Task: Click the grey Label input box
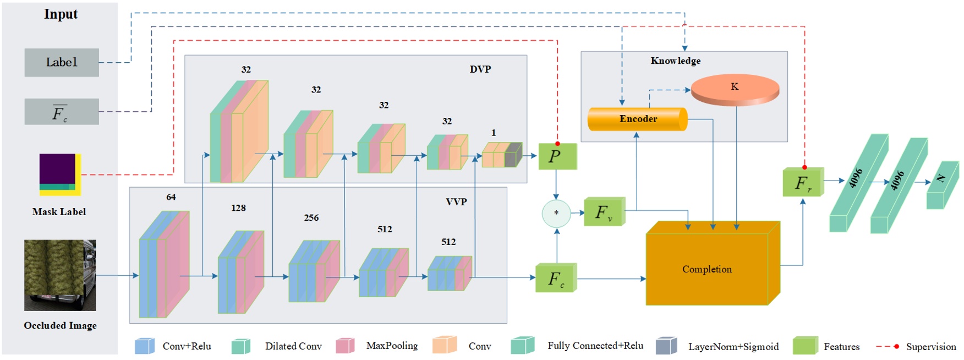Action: click(x=62, y=62)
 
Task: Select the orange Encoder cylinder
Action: click(x=637, y=119)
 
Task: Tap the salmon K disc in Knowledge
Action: click(x=735, y=88)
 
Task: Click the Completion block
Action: click(x=707, y=269)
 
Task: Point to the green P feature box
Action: click(x=557, y=156)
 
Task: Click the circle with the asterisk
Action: click(x=556, y=214)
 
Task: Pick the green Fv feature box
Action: click(x=604, y=212)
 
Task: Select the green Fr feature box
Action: click(x=803, y=183)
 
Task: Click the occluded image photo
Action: click(x=60, y=275)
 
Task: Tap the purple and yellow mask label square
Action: click(x=59, y=174)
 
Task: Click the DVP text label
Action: click(x=480, y=69)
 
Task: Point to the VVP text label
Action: click(x=456, y=202)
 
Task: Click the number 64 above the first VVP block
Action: click(x=171, y=197)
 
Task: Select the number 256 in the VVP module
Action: click(x=311, y=218)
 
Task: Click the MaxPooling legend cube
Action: click(x=345, y=346)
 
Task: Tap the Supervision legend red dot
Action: click(x=896, y=346)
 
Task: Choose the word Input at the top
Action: click(x=61, y=14)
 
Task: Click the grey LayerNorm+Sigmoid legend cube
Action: click(x=666, y=346)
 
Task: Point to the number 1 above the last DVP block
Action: click(x=494, y=133)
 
